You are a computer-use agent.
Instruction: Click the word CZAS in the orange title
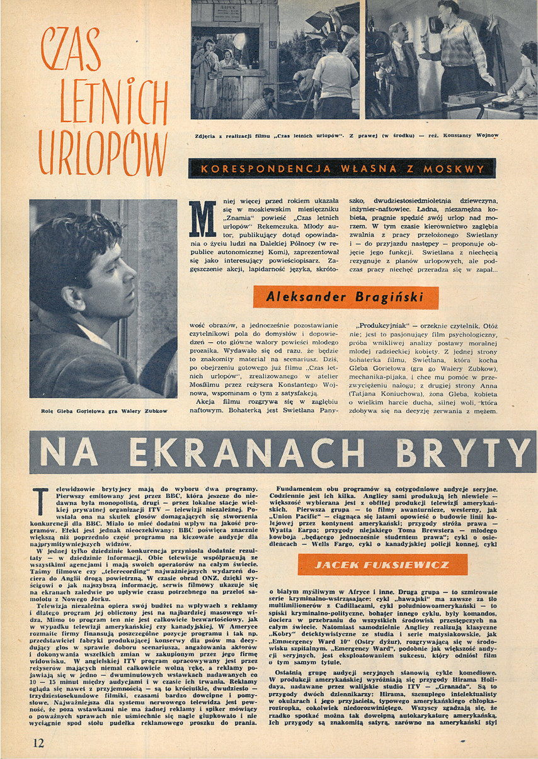(x=71, y=51)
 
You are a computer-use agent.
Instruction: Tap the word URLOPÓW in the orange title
(x=102, y=153)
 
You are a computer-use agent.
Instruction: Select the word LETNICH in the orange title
(x=105, y=101)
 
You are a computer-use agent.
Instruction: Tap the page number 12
(x=38, y=743)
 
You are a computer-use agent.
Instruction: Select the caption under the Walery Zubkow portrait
(x=103, y=412)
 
